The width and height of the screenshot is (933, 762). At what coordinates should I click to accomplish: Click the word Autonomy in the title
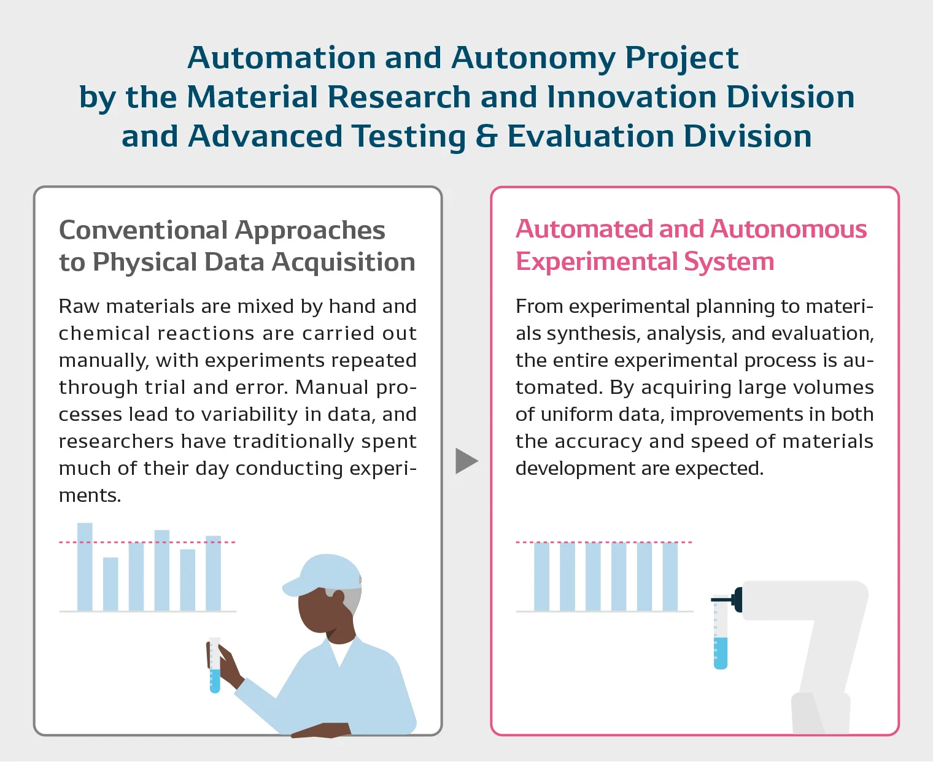coord(532,58)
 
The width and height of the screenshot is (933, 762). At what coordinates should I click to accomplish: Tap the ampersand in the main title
coord(486,136)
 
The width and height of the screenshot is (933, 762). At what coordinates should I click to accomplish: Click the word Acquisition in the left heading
coord(344,262)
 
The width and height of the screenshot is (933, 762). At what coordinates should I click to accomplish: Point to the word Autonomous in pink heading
coord(789,229)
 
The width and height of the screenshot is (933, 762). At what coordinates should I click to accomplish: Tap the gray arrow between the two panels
coord(466,461)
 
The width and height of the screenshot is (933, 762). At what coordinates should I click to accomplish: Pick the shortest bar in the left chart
coord(110,583)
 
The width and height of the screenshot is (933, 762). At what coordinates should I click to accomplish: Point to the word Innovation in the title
coord(631,97)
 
